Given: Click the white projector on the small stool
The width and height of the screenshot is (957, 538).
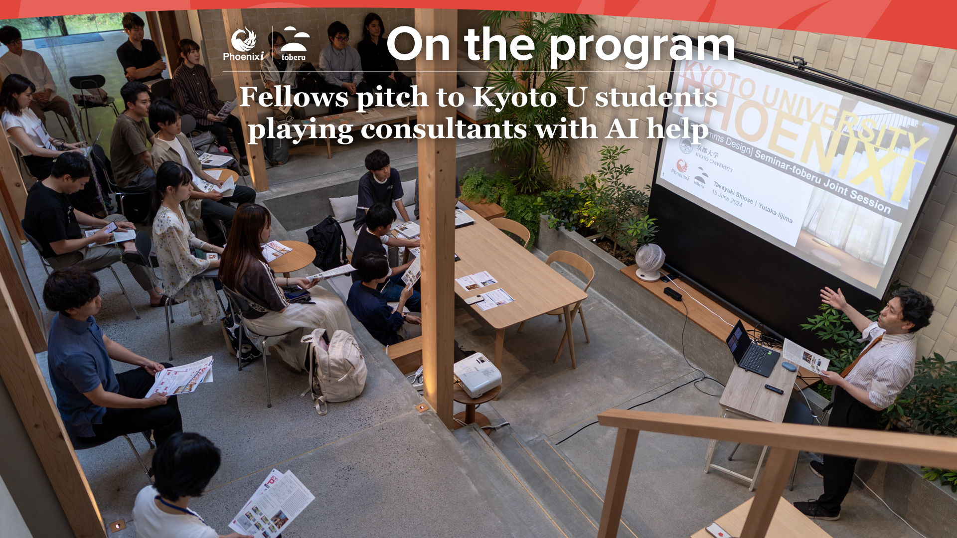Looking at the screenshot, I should coord(477,374).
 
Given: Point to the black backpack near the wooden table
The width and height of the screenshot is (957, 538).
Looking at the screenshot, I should coord(327,243).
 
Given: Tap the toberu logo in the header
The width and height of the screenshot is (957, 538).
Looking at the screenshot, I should coord(294,44).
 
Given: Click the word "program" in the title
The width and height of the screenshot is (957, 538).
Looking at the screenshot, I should coord(642,46).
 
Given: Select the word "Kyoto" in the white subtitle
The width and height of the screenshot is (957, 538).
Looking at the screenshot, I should coord(514,97).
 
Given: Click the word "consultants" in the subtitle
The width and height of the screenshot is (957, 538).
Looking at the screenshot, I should coord(444,129).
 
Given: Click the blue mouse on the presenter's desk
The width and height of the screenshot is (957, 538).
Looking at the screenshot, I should coord(789,367).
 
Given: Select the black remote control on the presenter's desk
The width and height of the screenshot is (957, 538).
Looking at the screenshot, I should coord(774,389).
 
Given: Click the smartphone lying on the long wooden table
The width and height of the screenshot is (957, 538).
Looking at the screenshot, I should coord(474,299).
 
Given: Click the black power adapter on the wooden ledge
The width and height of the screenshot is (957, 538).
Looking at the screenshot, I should coord(672,294).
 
